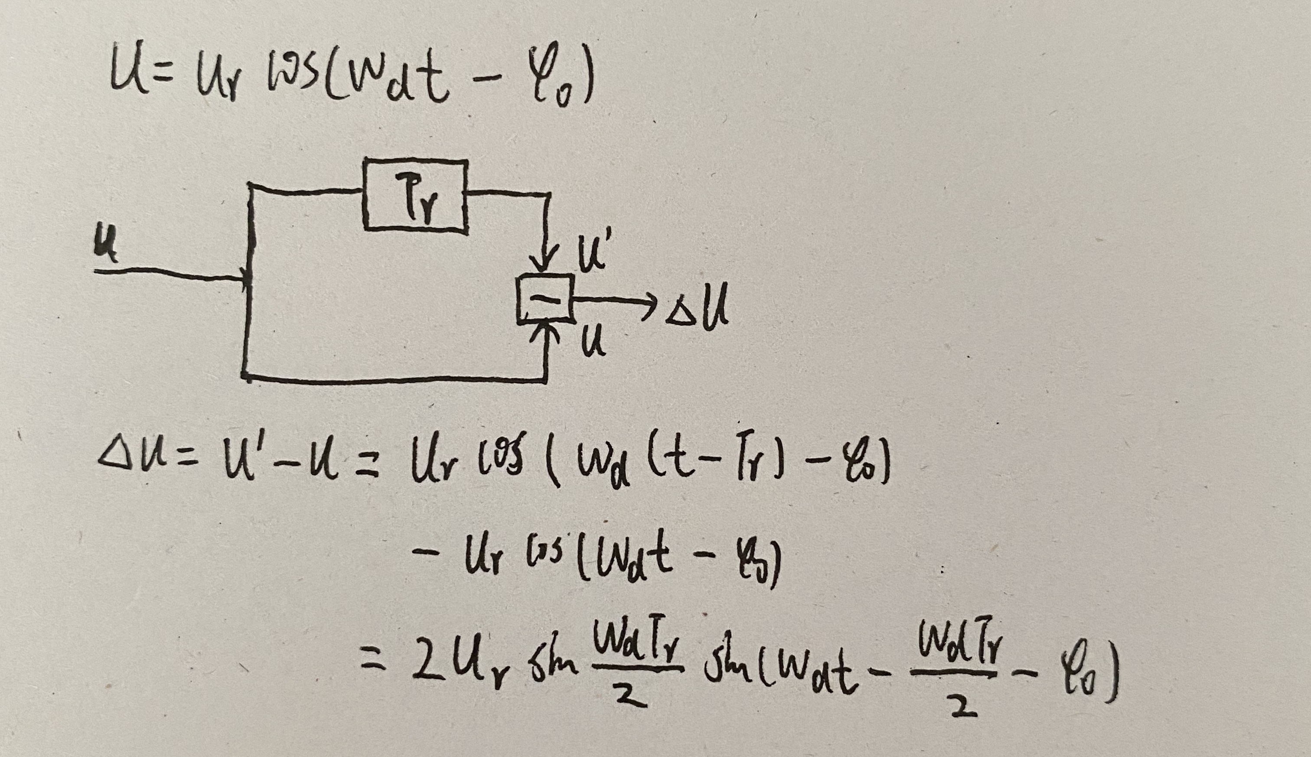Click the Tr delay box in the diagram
(415, 194)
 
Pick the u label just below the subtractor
(593, 343)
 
